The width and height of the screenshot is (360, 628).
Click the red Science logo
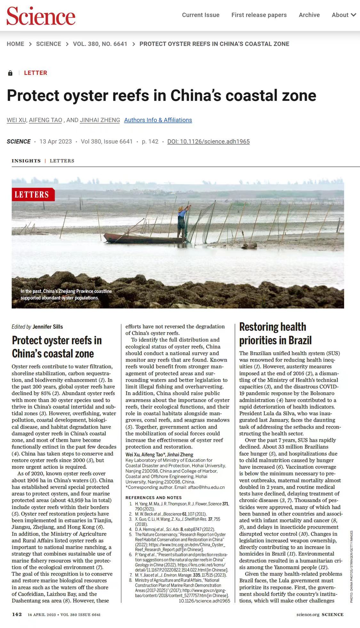click(41, 16)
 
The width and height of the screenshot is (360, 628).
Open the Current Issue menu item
click(201, 15)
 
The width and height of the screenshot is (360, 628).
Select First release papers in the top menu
click(259, 15)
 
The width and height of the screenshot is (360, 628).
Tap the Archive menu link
click(309, 15)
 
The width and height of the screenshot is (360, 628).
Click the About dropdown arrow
click(353, 15)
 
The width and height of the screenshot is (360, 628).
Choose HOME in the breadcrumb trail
click(15, 44)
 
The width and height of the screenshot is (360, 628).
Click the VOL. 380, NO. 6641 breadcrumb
click(100, 44)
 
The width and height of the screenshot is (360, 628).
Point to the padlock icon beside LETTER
click(10, 73)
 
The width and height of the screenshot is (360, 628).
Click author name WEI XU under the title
click(16, 120)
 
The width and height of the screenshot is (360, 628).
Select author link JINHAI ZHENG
click(100, 120)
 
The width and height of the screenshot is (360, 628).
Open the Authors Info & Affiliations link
click(158, 120)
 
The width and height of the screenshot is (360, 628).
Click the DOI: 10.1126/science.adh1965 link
click(208, 142)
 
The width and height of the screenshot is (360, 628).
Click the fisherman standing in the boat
click(182, 221)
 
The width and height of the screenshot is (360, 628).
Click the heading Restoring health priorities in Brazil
click(275, 333)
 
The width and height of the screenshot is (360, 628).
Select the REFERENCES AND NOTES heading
click(154, 498)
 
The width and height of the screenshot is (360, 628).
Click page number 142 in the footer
click(17, 614)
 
